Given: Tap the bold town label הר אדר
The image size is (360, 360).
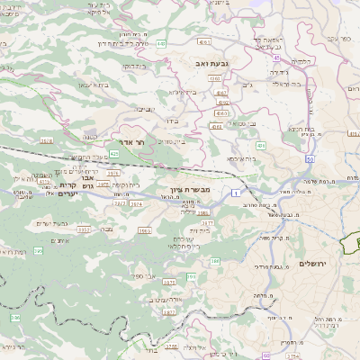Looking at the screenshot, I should coord(131,142).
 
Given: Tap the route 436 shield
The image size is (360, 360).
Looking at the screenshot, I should coord(260,145).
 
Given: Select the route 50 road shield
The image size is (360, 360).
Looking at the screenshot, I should coord(309,158).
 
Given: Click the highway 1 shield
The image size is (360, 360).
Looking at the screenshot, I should coord(236,193).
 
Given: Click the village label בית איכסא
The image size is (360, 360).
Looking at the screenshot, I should coord(229,158).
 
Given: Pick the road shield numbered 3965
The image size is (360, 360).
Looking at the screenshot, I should coord(144,229).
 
